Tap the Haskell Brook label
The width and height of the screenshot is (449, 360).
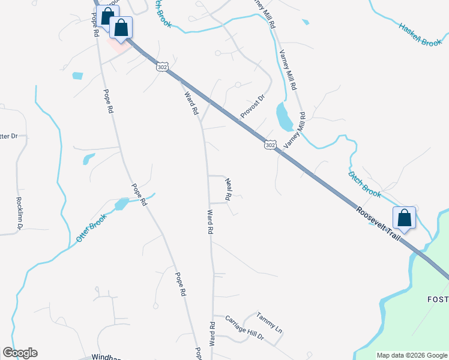[420, 34]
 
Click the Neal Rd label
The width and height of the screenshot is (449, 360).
[228, 188]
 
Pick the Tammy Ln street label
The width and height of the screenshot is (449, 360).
[268, 323]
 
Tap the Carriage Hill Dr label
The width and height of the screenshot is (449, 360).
[244, 329]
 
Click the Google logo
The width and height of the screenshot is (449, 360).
[20, 353]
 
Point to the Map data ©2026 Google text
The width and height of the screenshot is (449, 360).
[412, 355]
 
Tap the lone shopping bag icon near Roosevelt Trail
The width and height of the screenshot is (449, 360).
[405, 219]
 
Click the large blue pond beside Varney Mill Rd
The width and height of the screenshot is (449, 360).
[283, 116]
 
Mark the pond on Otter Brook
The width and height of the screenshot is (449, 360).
[121, 205]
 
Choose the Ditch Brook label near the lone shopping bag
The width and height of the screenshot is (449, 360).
[364, 184]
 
